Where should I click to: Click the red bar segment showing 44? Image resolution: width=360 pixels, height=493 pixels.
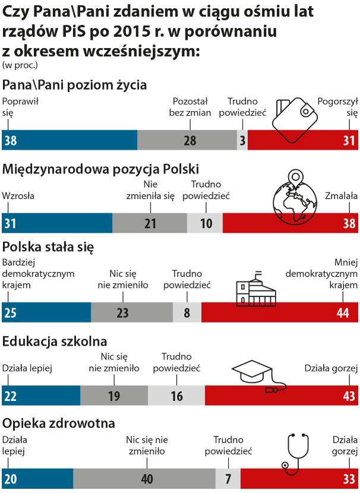(280, 312)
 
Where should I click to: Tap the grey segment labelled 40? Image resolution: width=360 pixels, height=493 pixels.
(144, 478)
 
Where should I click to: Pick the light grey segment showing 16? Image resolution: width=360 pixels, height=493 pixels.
(176, 396)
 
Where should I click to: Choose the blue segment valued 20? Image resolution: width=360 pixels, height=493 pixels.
(37, 478)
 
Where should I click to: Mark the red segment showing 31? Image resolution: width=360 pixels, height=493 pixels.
(303, 140)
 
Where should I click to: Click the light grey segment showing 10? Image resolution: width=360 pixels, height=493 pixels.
(205, 223)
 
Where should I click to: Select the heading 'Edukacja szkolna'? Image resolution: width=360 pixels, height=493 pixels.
(55, 342)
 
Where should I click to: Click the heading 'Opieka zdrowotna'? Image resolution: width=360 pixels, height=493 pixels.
(58, 424)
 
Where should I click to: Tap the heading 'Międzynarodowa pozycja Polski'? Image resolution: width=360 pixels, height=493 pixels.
(100, 168)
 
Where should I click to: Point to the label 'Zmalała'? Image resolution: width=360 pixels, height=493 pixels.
(341, 195)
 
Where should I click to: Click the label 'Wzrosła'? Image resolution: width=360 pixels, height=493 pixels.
(19, 195)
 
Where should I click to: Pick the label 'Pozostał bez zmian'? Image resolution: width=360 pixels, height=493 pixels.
(190, 107)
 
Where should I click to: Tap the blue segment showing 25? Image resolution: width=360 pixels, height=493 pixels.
(46, 312)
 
